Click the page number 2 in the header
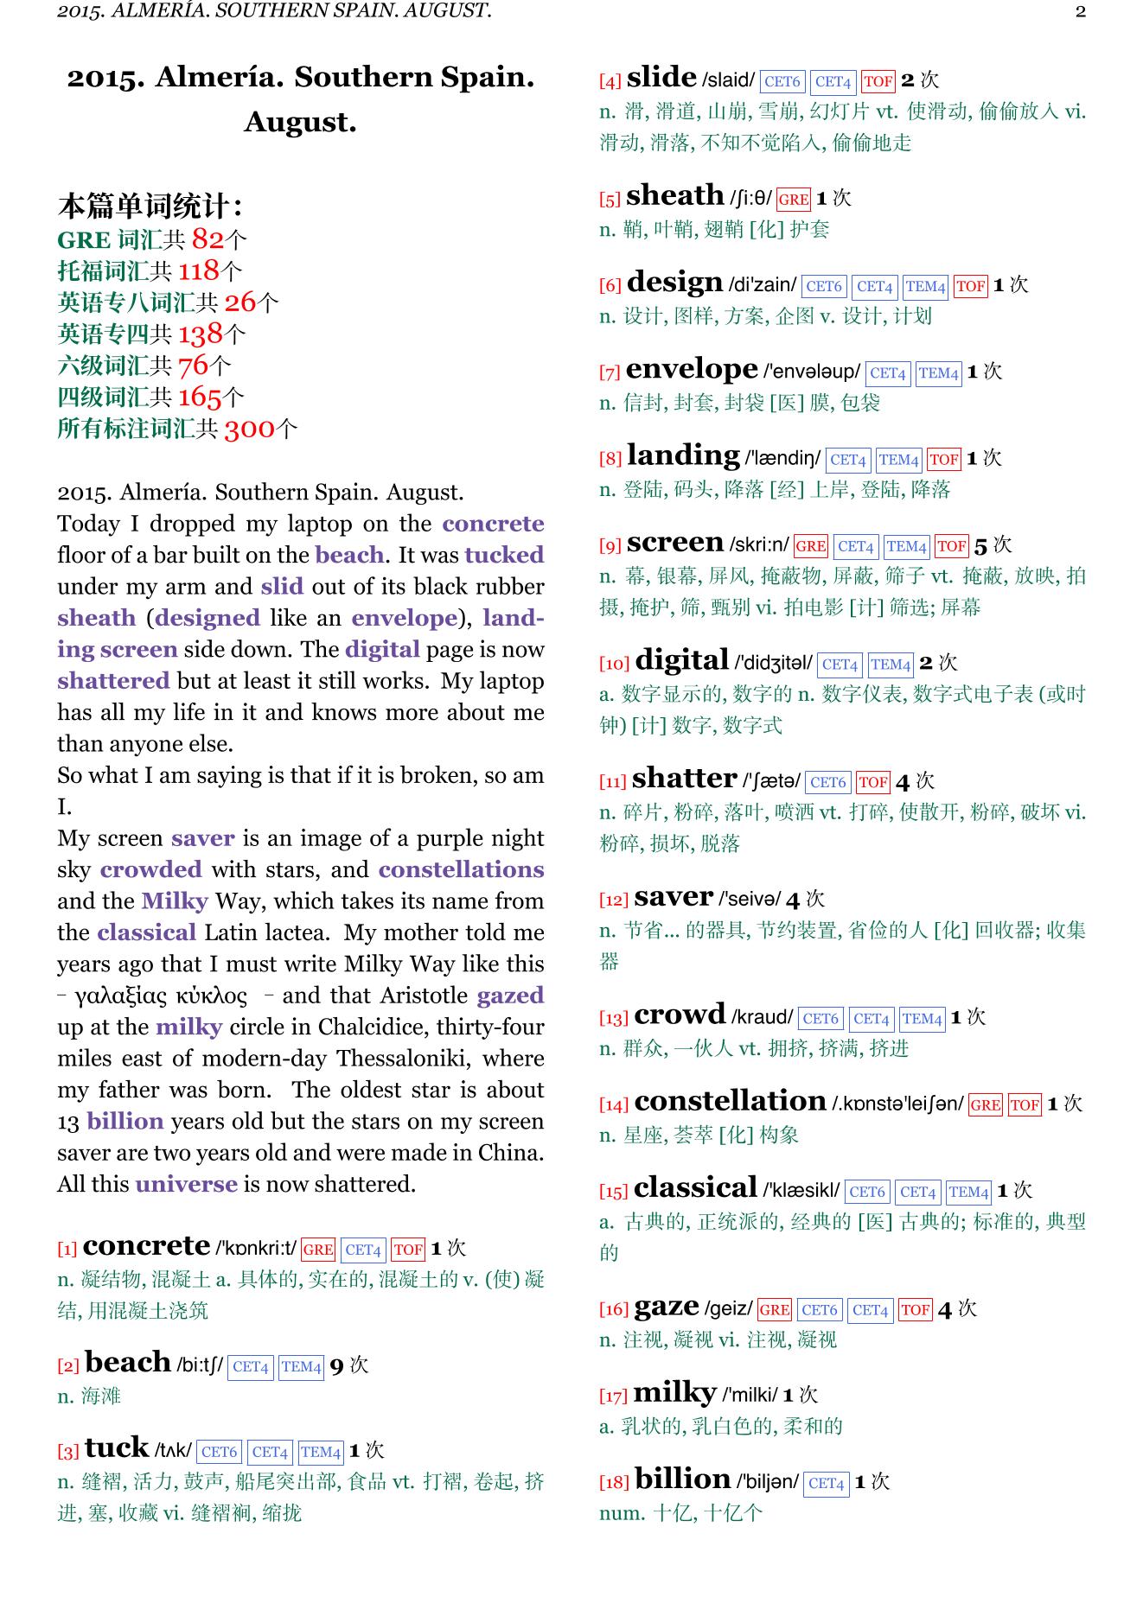pyautogui.click(x=1080, y=11)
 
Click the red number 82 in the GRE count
pyautogui.click(x=208, y=239)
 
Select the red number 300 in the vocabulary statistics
pyautogui.click(x=249, y=429)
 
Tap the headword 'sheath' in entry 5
pyautogui.click(x=674, y=196)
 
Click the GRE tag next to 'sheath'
pyautogui.click(x=793, y=200)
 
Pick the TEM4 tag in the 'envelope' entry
pyautogui.click(x=938, y=373)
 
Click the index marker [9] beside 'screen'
pyautogui.click(x=610, y=546)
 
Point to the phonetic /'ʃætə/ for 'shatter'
pyautogui.click(x=771, y=781)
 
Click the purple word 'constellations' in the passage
pyautogui.click(x=461, y=869)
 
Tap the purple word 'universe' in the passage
pyautogui.click(x=186, y=1184)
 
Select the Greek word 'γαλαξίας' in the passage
pyautogui.click(x=121, y=996)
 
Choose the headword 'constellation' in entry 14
pyautogui.click(x=730, y=1102)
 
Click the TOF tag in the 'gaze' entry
pyautogui.click(x=915, y=1310)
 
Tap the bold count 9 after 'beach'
pyautogui.click(x=336, y=1366)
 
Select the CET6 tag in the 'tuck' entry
pyautogui.click(x=219, y=1453)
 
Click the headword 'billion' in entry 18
pyautogui.click(x=682, y=1479)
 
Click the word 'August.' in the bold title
pyautogui.click(x=300, y=122)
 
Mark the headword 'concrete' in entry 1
pyautogui.click(x=146, y=1246)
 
